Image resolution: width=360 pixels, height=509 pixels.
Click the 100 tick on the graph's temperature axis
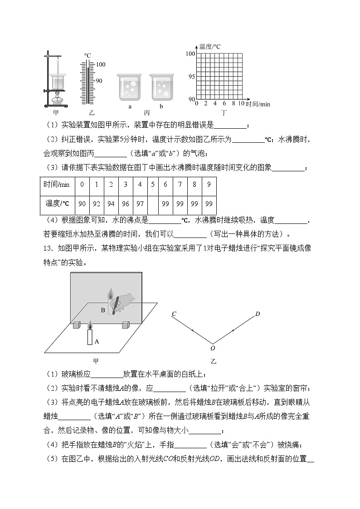190,54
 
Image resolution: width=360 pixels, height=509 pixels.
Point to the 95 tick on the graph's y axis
191,77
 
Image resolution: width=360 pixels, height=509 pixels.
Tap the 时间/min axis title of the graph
258,104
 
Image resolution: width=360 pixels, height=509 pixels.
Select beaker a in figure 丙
130,88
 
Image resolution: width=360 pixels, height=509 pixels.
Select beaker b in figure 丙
161,88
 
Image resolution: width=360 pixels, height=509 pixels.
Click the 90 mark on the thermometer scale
99,81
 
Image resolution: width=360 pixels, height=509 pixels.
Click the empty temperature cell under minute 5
153,204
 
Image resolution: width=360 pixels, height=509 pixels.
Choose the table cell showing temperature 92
96,204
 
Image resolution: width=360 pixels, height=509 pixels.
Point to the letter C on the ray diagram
174,314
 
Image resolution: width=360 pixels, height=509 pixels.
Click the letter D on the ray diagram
258,314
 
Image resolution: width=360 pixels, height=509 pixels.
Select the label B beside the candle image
103,310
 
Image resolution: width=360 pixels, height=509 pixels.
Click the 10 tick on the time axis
241,104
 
